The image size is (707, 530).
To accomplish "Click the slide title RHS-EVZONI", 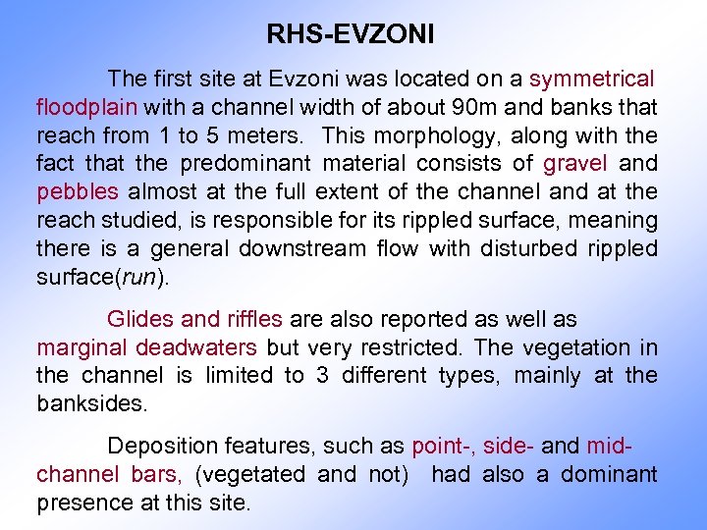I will (x=351, y=36).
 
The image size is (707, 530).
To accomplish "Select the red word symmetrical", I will (x=591, y=79).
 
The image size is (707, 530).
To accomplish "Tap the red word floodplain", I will (x=84, y=106).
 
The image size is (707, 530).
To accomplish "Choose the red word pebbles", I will (x=77, y=191).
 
